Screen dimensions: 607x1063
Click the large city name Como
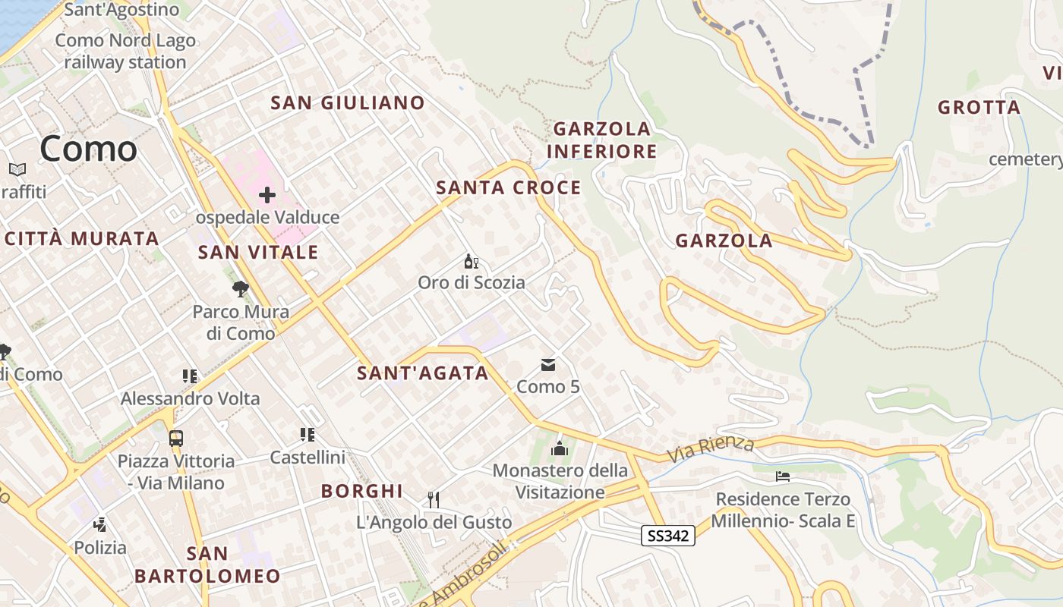88,148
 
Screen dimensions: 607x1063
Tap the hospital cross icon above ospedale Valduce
267,195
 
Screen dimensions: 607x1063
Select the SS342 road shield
668,536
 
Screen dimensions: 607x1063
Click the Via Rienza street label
711,448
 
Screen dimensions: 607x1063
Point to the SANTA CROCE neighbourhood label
509,187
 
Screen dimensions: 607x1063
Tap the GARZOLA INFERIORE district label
601,140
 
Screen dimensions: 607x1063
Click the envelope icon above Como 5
548,365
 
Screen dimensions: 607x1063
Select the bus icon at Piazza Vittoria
176,438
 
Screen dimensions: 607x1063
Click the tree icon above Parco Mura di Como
241,289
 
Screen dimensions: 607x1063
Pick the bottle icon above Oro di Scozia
472,262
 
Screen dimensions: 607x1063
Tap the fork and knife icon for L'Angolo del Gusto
434,499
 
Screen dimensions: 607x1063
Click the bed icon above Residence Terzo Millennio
783,476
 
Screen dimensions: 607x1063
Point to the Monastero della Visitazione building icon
560,448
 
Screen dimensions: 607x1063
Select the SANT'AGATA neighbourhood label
423,373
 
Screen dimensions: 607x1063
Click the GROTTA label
979,107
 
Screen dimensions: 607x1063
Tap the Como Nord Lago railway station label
125,52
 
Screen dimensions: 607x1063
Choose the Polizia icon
99,524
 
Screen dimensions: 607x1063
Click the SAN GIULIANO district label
348,102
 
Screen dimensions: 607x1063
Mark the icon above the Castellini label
308,435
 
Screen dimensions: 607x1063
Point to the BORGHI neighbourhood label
362,491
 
